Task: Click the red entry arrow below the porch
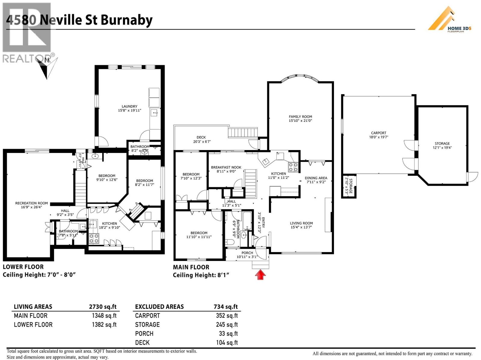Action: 260,274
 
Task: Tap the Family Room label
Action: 300,118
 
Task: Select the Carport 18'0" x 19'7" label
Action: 378,135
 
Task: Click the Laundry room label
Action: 129,108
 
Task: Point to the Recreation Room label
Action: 32,205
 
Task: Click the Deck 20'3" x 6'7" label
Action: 201,139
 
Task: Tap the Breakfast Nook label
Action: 226,169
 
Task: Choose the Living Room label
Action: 301,225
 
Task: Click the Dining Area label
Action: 316,180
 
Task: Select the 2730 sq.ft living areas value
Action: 103,307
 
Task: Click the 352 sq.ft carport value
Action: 227,316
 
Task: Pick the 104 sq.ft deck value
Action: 227,343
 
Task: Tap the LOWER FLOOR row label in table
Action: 33,325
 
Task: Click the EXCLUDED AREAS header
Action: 159,307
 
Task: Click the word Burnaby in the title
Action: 127,20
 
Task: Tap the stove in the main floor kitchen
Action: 293,167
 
